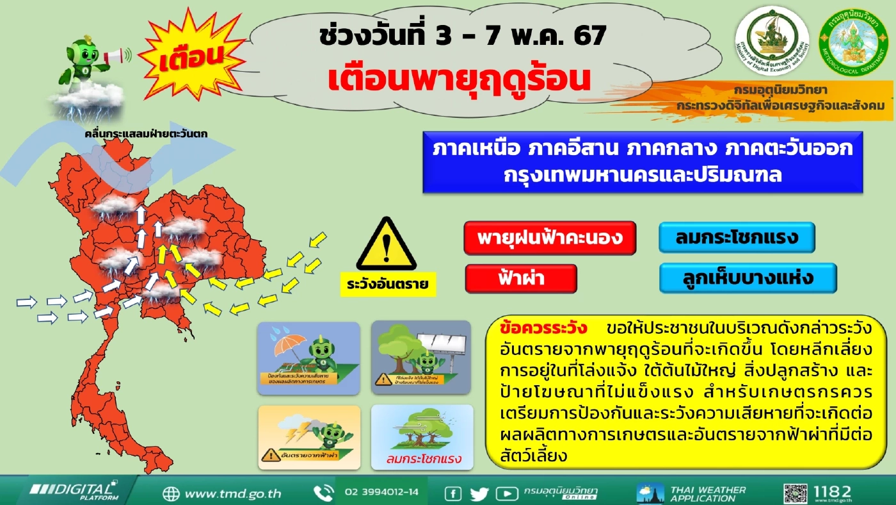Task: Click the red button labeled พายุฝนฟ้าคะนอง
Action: [550, 238]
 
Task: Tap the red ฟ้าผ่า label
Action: [521, 279]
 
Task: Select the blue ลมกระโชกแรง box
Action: [737, 238]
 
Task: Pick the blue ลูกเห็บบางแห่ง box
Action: [748, 278]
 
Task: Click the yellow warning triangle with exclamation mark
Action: [386, 246]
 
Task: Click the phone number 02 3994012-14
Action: [381, 492]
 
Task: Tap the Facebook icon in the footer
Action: [453, 493]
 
